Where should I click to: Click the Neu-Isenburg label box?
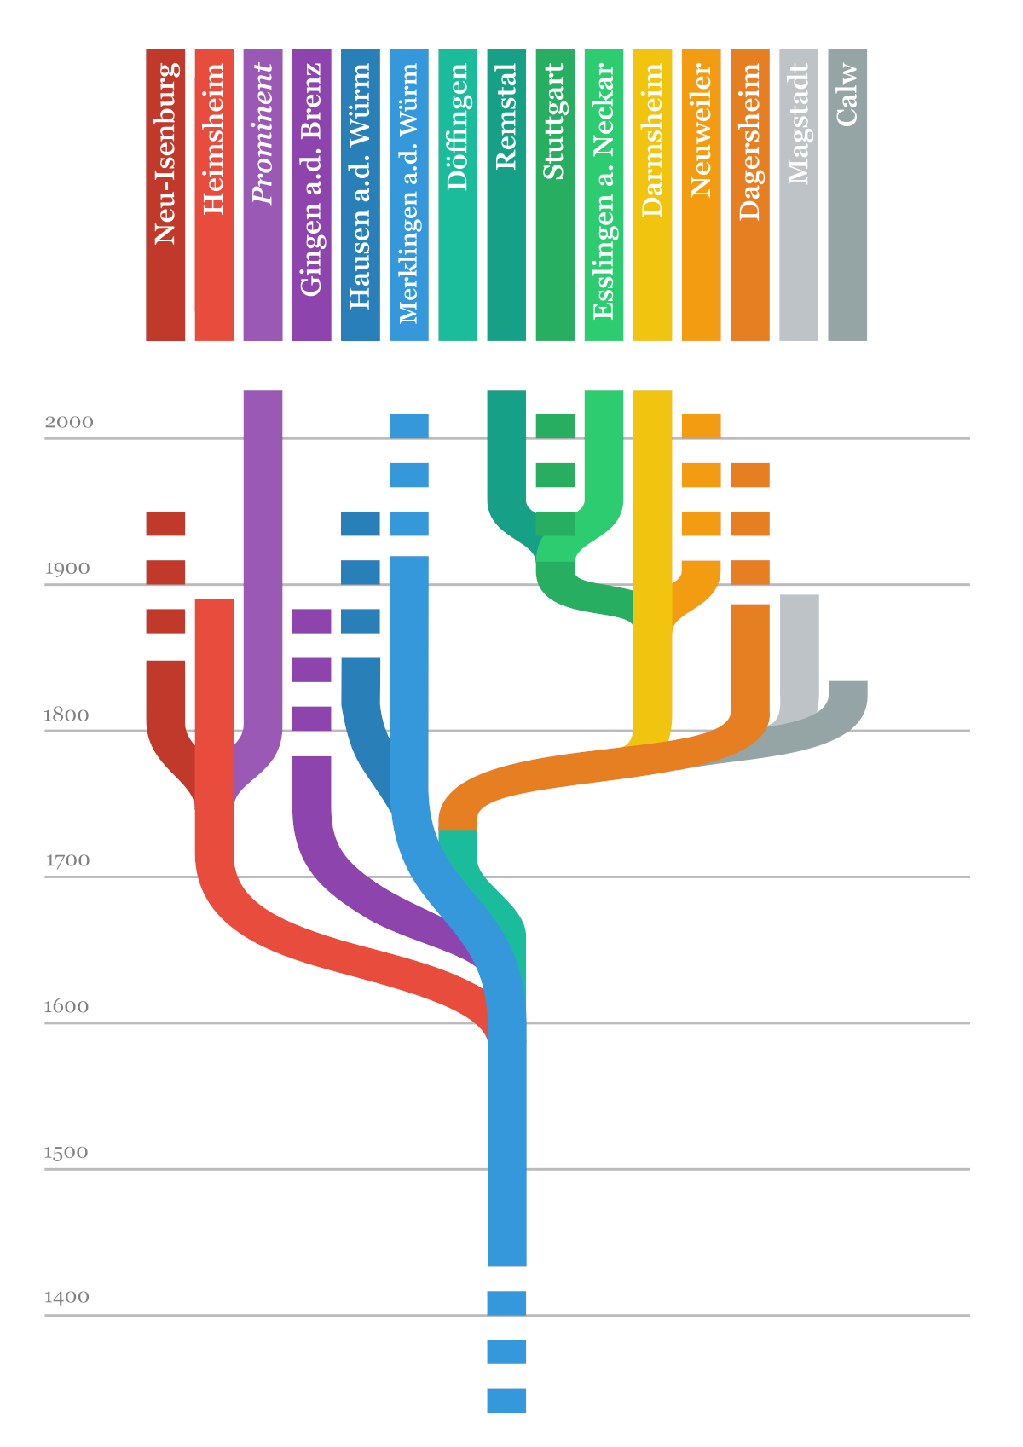pos(165,194)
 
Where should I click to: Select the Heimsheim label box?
pos(214,194)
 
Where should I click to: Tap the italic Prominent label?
pos(263,194)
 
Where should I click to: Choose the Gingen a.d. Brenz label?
pos(311,194)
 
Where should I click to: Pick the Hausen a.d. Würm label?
pos(360,194)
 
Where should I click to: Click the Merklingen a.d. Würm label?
pos(408,194)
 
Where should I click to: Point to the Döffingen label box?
pos(458,194)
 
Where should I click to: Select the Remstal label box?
pos(506,194)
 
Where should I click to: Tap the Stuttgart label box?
pos(555,194)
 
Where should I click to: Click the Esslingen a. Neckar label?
pos(604,194)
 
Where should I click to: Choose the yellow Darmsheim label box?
pos(652,194)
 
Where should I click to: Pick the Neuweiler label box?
pos(701,194)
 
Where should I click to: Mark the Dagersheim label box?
pos(750,194)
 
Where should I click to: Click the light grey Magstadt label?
pos(799,194)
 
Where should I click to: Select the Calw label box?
pos(847,194)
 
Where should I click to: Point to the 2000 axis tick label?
pos(69,422)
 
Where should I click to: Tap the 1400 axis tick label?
pos(67,1298)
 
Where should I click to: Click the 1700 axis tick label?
pos(67,860)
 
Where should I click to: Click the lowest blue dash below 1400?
pos(506,1400)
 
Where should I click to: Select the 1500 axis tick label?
pos(67,1152)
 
